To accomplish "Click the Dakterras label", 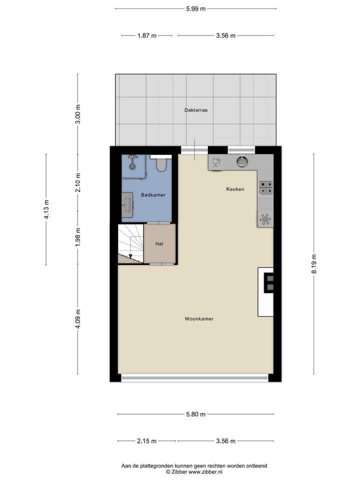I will coord(195,109).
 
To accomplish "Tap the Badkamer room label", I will coord(153,194).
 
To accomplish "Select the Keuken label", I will coord(234,189).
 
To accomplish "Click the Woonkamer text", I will coord(199,318).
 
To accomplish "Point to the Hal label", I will coord(159,243).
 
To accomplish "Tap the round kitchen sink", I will coord(242,161).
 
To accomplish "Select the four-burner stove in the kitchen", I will coord(265,187).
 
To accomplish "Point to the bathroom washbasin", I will coord(127,207).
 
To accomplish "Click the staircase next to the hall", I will coord(130,243).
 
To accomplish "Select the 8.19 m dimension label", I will coord(314,263).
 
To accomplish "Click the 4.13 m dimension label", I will coord(46,209).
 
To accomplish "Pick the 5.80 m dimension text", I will coord(195,414).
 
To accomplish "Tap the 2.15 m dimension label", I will coord(146,441).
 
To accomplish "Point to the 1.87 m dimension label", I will coord(146,35).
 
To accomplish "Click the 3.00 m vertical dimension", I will coord(77,114).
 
